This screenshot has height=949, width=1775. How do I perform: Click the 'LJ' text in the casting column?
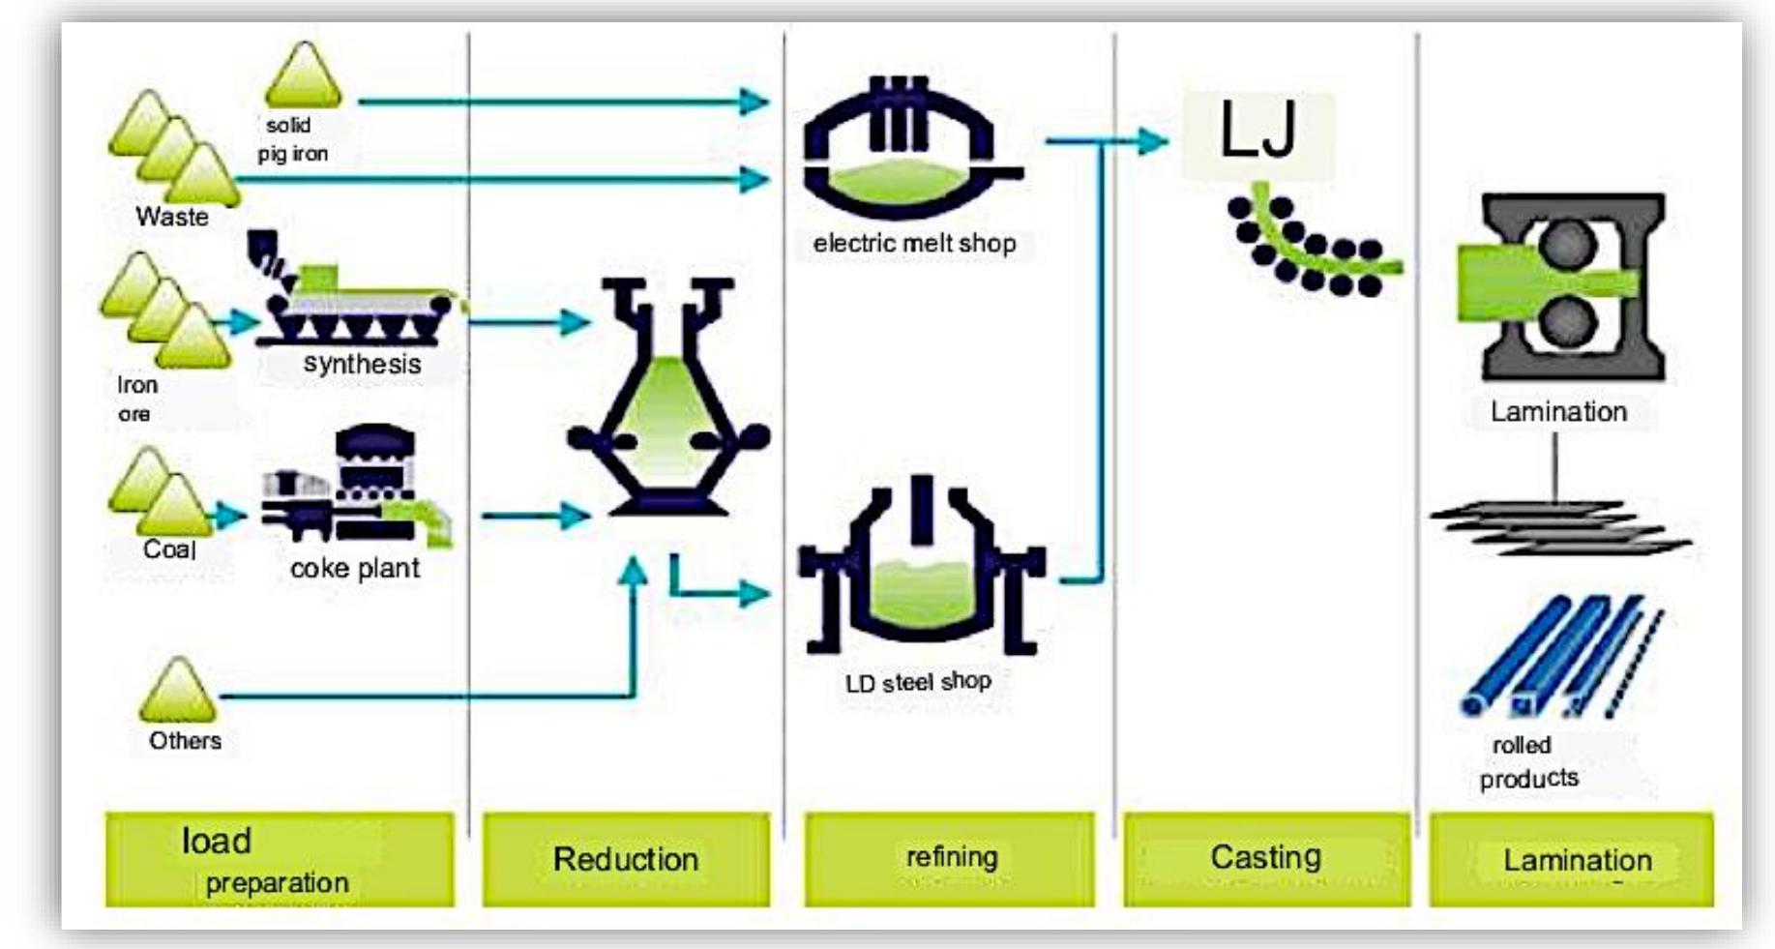point(1257,131)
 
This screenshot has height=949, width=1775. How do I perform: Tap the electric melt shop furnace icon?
point(909,155)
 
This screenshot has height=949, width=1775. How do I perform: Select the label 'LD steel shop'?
point(918,682)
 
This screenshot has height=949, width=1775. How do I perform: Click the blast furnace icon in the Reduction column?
point(667,397)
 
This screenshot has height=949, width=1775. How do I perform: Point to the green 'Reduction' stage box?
point(626,859)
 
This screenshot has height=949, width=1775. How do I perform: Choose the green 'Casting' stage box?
point(1266,859)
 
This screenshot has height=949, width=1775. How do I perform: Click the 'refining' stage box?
point(950,859)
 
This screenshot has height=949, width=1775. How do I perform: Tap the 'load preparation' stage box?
point(279,859)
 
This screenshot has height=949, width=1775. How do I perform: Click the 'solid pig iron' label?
point(291,139)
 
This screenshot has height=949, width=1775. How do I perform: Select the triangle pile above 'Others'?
point(178,691)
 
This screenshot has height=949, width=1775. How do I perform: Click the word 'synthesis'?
point(362,364)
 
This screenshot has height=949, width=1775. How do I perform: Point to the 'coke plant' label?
point(354,568)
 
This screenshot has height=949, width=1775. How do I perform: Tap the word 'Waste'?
point(172,217)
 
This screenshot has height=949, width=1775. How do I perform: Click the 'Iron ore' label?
point(135,399)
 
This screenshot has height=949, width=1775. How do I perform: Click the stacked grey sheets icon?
point(1557,527)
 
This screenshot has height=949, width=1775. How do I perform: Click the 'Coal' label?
point(169,549)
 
